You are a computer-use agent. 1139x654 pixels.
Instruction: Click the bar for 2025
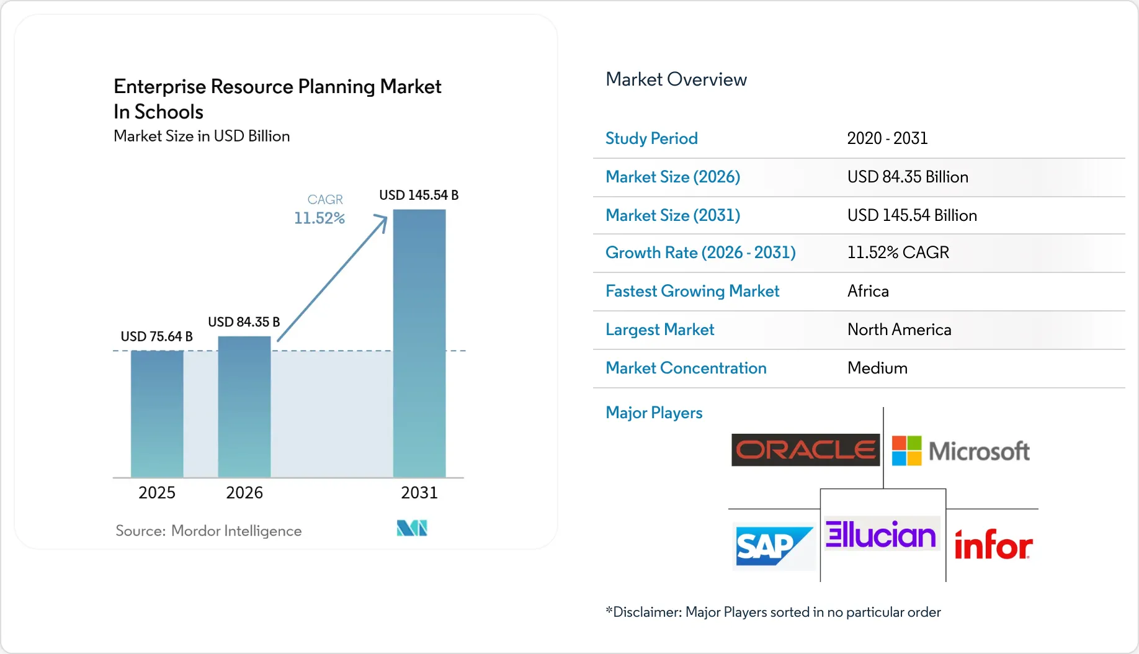tap(157, 414)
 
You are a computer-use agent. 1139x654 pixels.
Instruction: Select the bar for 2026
tap(244, 407)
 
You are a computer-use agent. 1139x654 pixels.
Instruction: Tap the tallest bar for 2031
tap(419, 344)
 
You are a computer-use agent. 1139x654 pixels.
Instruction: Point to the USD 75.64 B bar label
tap(156, 336)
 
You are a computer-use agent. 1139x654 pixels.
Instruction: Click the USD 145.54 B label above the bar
tap(419, 195)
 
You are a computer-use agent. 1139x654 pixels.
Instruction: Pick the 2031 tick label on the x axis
tap(419, 493)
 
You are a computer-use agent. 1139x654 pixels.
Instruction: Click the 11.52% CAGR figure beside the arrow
tap(319, 218)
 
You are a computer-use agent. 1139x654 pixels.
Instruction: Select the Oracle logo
tap(805, 450)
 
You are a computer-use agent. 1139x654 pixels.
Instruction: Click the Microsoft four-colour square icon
tap(906, 450)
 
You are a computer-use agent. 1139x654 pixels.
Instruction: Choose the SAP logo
tap(774, 546)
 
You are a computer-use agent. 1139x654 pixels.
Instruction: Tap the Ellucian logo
tap(881, 534)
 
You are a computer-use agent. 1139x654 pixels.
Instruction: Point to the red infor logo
tap(993, 545)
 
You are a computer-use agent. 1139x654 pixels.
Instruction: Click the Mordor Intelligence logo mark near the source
tap(412, 528)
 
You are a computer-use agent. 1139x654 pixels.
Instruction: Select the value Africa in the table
tap(868, 291)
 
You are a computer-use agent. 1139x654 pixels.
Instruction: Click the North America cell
tap(899, 329)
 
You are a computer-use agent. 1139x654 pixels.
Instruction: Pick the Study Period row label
tap(651, 138)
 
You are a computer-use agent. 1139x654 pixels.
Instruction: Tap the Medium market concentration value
tap(877, 368)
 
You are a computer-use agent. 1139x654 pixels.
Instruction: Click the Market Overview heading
tap(676, 79)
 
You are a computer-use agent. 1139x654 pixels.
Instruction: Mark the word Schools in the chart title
tap(169, 112)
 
